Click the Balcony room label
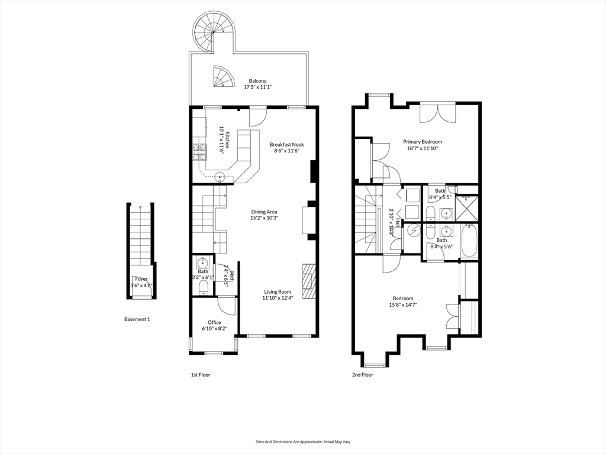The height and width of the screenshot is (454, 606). (257, 81)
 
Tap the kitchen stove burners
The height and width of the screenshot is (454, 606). (199, 153)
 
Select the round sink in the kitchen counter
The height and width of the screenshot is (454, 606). (219, 176)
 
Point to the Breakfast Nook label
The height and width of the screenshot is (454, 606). (286, 144)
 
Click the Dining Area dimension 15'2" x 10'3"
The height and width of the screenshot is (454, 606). (264, 218)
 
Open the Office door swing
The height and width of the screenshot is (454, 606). (226, 304)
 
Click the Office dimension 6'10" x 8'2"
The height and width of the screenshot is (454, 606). (214, 329)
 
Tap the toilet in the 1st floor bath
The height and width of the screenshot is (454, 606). (203, 287)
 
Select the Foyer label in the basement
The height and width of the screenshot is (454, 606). (141, 279)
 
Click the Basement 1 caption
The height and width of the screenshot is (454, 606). (137, 319)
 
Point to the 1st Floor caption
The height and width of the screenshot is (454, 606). (200, 375)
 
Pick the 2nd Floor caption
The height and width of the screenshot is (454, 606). (362, 375)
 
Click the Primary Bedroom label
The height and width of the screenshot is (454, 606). (422, 142)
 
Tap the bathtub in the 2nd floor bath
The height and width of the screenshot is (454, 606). (469, 241)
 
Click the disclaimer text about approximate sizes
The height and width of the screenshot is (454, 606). (303, 441)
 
